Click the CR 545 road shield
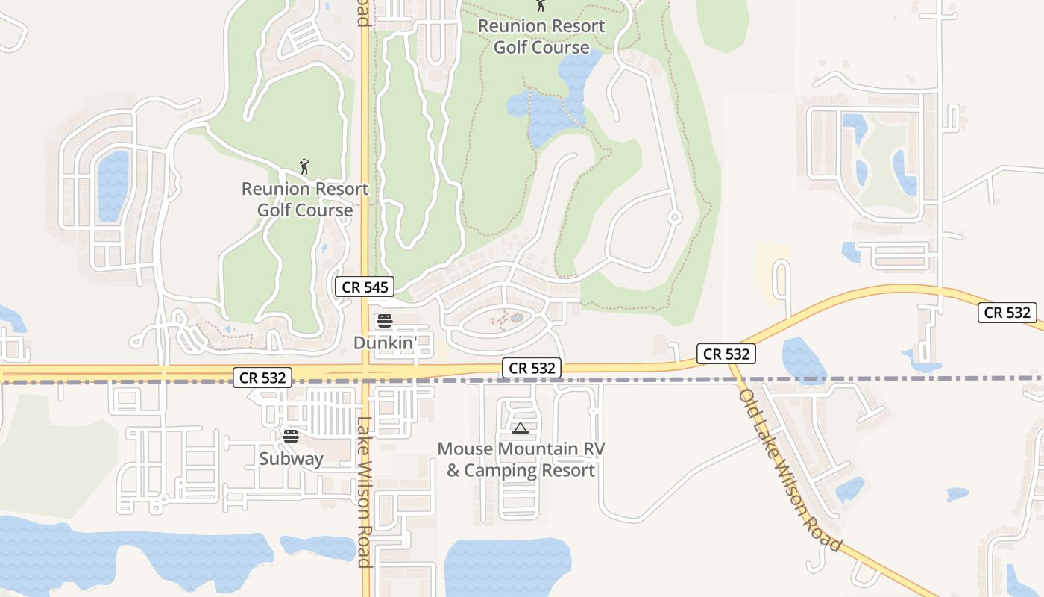(x=364, y=287)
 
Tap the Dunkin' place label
(x=383, y=343)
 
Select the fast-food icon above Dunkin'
(x=385, y=321)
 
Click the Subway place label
(x=291, y=458)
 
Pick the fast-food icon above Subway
(x=291, y=437)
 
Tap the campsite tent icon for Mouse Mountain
(x=521, y=428)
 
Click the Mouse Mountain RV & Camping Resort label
(x=521, y=460)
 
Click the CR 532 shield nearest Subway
(x=262, y=378)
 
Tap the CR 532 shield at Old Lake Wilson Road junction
(x=727, y=354)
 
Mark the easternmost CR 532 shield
(x=1007, y=313)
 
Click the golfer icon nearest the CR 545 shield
(x=304, y=166)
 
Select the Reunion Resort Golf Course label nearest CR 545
(x=304, y=199)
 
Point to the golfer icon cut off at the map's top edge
(x=541, y=5)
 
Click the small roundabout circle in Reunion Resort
(x=674, y=217)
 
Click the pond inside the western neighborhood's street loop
(x=113, y=185)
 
